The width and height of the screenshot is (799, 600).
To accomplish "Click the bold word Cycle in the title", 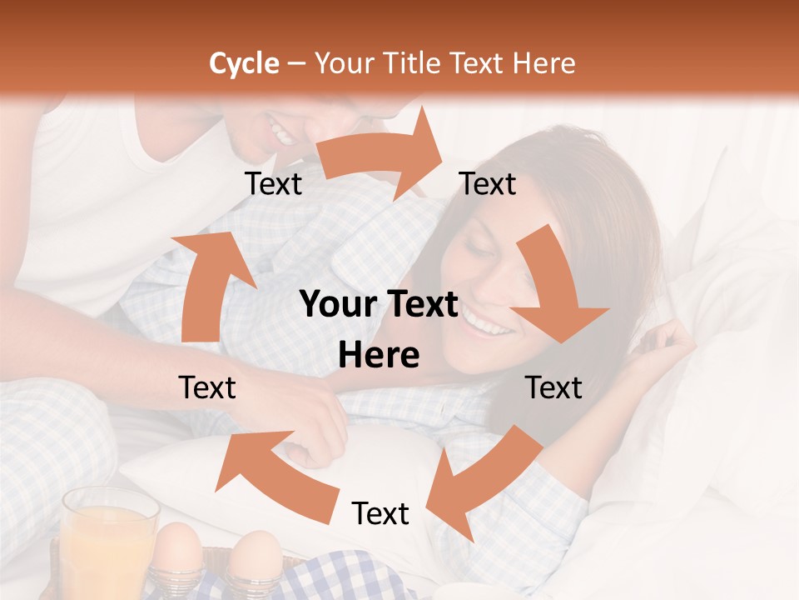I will pos(244,63).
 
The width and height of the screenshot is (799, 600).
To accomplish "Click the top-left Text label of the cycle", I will pos(273,184).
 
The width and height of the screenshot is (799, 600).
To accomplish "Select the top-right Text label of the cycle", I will pos(488,184).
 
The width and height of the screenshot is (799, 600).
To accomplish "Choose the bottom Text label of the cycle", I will pos(380,513).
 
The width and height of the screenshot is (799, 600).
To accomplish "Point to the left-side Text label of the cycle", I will pos(207,387).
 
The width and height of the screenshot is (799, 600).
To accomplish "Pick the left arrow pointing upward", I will pos(208,283).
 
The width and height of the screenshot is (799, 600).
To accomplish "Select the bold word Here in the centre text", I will pos(379,356).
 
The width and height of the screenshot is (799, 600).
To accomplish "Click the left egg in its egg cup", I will pos(178,550).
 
